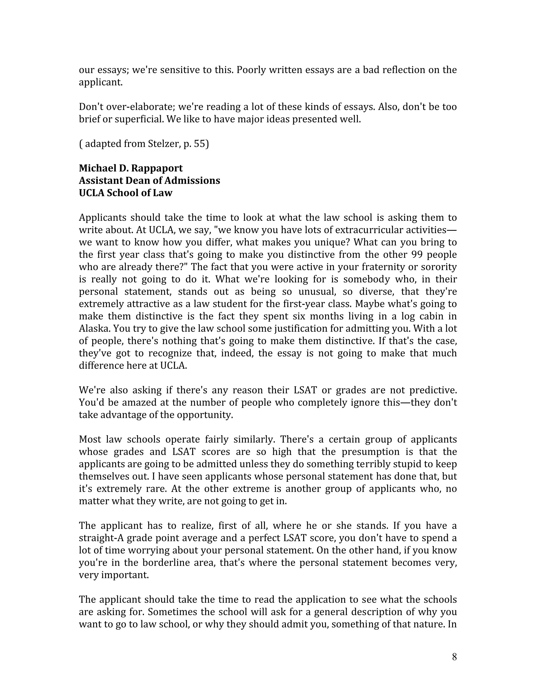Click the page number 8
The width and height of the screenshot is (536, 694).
pos(454,657)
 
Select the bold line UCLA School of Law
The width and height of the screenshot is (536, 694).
pos(125,193)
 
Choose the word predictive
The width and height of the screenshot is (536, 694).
pos(433,390)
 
